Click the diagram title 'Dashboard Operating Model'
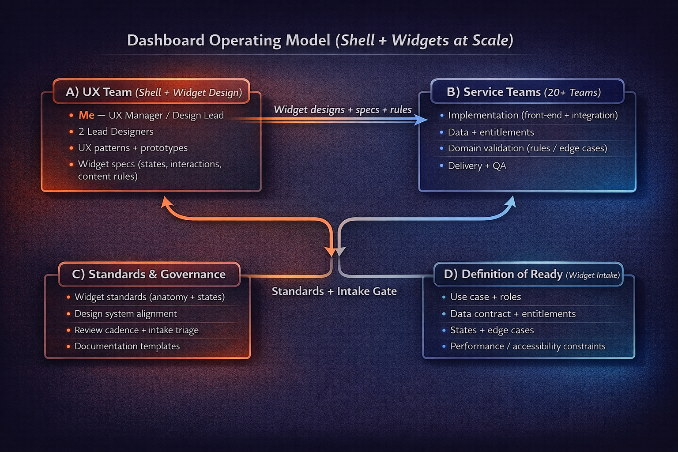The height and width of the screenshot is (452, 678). coord(229,40)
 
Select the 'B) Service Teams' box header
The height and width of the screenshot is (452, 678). coord(524,92)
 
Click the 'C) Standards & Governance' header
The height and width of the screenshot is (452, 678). coord(149,274)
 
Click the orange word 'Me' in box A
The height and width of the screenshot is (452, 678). coord(87,115)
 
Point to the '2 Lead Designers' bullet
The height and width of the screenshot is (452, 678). coord(116,132)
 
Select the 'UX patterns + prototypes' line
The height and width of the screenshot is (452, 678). coord(132,148)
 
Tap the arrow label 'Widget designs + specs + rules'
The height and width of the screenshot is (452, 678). coord(343,109)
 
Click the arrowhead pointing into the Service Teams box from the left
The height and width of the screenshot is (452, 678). coord(422,120)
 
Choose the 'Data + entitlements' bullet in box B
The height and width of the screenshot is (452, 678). coord(491,132)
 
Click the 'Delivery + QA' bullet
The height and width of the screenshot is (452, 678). coord(477,166)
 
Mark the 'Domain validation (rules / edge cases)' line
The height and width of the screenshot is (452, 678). coord(527,148)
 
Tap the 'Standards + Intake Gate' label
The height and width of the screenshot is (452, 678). coord(334,291)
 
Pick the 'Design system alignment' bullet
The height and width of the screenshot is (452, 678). coord(125,314)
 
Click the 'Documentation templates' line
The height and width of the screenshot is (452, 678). coord(127,347)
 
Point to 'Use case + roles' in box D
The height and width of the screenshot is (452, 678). coord(486,297)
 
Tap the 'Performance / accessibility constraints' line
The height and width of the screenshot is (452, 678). coord(527,347)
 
